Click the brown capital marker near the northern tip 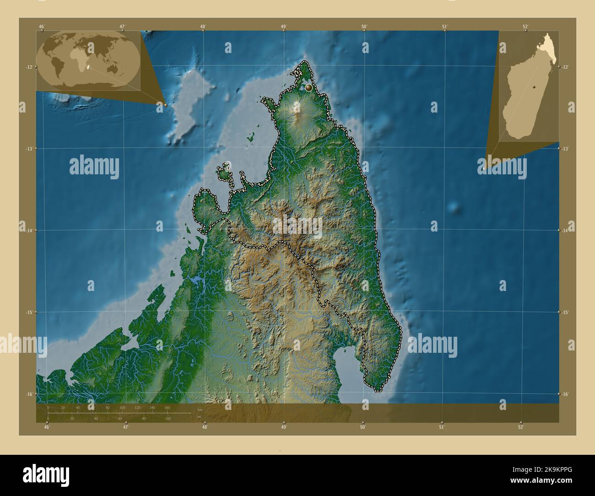pyautogui.click(x=309, y=87)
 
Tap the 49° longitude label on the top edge pyautogui.click(x=284, y=27)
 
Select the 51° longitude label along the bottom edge pyautogui.click(x=442, y=427)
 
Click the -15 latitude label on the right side pyautogui.click(x=566, y=312)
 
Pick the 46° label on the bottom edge pyautogui.click(x=47, y=427)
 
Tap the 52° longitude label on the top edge pyautogui.click(x=525, y=27)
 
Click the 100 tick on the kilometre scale pyautogui.click(x=122, y=407)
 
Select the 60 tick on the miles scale pyautogui.click(x=120, y=418)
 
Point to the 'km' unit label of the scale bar pyautogui.click(x=199, y=410)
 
